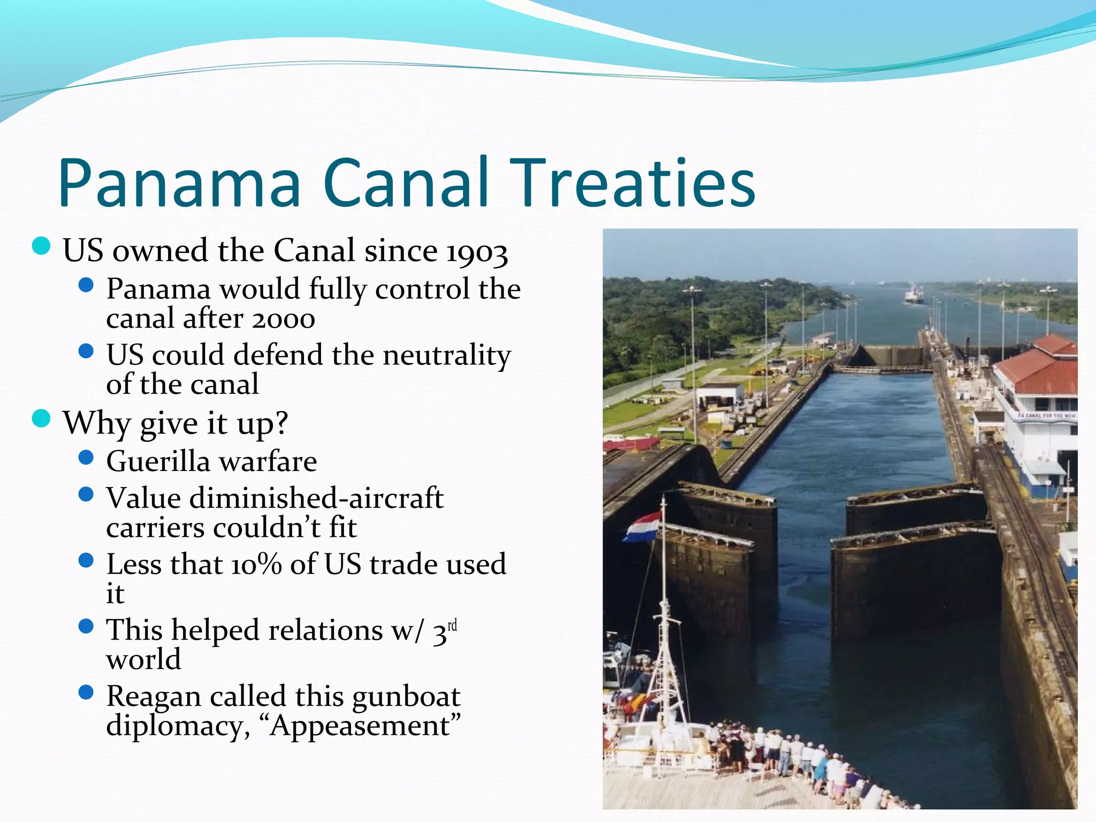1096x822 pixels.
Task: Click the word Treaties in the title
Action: coord(633,183)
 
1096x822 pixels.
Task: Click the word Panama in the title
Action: coord(180,183)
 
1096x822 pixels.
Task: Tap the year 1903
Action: coord(477,252)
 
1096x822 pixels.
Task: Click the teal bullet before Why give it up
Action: coord(41,419)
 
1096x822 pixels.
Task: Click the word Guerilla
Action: coord(158,461)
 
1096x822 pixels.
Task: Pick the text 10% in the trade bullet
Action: coord(256,565)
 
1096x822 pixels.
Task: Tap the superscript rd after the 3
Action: coord(452,625)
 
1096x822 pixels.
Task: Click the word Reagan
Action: coord(154,696)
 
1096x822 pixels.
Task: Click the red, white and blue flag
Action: coord(643,527)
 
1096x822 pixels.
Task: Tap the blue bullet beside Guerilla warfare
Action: coord(86,458)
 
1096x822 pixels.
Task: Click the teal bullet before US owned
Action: coord(41,246)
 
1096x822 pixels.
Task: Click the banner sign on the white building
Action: coord(1047,415)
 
